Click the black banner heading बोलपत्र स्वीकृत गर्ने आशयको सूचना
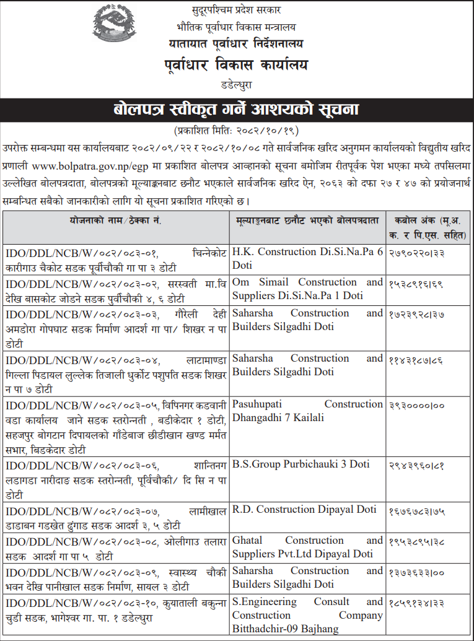pyautogui.click(x=236, y=111)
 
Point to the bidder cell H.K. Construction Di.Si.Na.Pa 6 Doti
pyautogui.click(x=307, y=258)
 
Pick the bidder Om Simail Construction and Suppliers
pyautogui.click(x=307, y=289)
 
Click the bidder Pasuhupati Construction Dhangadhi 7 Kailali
pyautogui.click(x=307, y=411)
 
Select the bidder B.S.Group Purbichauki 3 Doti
pyautogui.click(x=301, y=464)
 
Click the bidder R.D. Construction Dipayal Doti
pyautogui.click(x=304, y=510)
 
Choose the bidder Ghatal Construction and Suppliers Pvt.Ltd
pyautogui.click(x=307, y=547)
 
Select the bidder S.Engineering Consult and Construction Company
pyautogui.click(x=307, y=615)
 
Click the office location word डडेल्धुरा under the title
pyautogui.click(x=236, y=83)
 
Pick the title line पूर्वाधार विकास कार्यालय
pyautogui.click(x=236, y=65)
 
